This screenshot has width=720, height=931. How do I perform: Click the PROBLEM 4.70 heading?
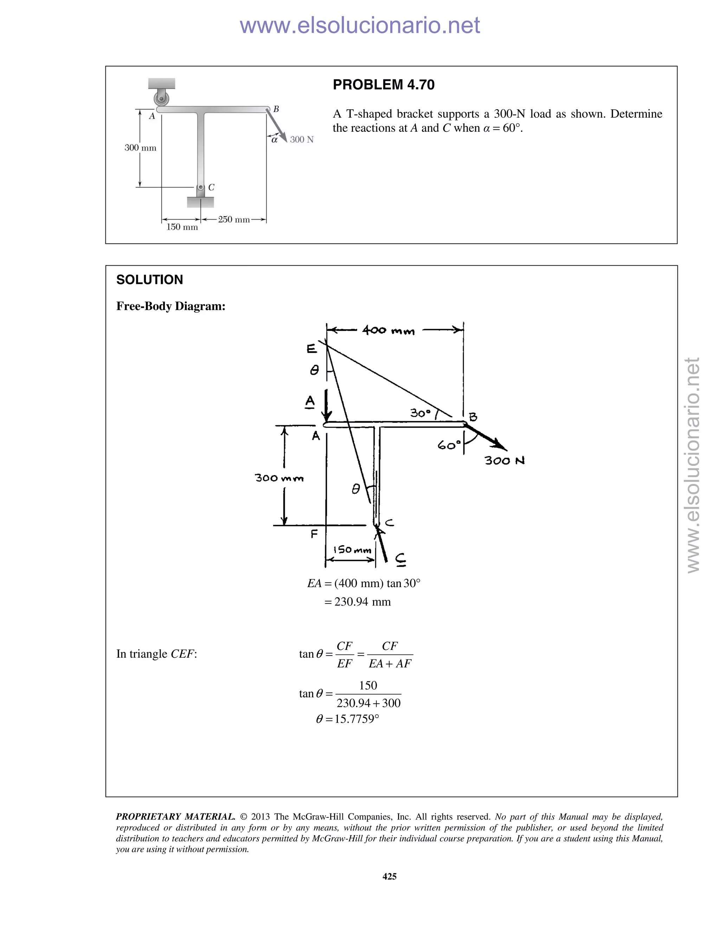pos(383,85)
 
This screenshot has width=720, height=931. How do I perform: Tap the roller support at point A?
pos(162,100)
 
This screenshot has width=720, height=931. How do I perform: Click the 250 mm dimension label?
pos(234,220)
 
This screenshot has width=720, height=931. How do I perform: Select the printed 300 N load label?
pos(302,139)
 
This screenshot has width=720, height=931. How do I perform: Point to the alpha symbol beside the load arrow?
pos(275,139)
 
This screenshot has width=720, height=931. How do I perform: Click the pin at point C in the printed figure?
pos(200,187)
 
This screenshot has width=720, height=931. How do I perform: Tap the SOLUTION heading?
pos(149,280)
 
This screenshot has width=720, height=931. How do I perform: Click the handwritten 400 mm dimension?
pos(388,330)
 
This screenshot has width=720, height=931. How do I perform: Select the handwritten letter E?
pos(311,349)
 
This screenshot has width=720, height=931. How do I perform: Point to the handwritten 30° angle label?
pos(420,413)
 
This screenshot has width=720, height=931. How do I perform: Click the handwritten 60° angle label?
pos(449,445)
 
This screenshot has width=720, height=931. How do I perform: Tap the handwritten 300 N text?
pos(504,460)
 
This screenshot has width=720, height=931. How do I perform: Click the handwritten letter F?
pos(314,534)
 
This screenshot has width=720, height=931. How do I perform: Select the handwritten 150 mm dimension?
pos(352,550)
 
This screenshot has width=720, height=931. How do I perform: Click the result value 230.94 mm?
pos(362,602)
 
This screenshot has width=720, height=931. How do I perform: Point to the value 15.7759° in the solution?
pos(356,719)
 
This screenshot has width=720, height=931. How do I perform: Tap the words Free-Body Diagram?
pos(171,306)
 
